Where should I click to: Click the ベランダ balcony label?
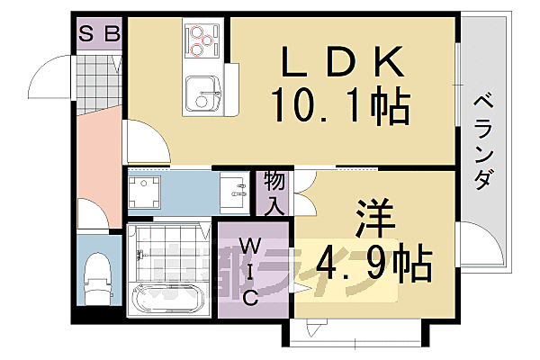click(483, 139)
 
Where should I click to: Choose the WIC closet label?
click(251, 270)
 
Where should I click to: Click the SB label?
click(99, 34)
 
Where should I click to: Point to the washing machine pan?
click(144, 192)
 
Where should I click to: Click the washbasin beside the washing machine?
click(238, 190)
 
